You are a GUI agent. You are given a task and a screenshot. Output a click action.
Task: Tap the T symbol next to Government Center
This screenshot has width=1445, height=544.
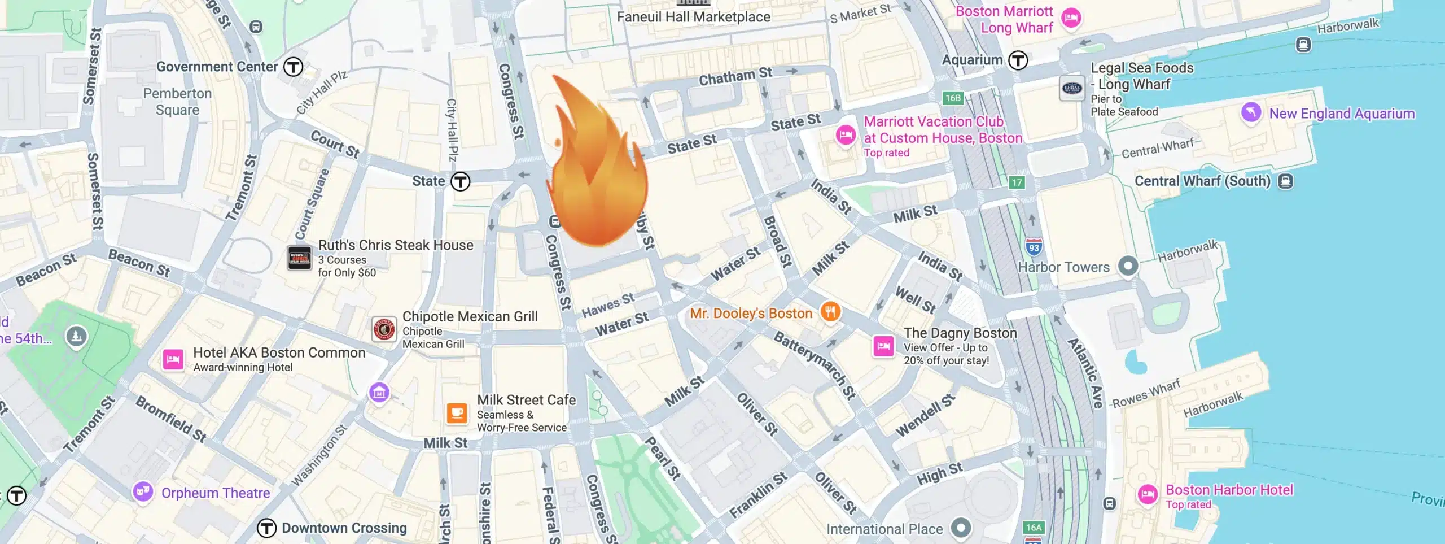(293, 67)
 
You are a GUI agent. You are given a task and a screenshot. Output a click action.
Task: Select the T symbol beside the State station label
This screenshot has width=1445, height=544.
(461, 181)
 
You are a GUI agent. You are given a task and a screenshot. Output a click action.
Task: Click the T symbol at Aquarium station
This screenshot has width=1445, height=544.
(1018, 60)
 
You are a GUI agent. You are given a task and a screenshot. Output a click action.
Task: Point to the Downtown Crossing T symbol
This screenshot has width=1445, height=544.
(266, 528)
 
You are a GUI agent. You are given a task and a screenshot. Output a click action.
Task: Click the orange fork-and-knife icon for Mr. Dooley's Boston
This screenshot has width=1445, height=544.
(830, 311)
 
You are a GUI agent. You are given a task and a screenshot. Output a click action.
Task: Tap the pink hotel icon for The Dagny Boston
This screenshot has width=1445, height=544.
(883, 346)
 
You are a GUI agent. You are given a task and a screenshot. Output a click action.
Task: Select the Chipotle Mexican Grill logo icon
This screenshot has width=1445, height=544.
(384, 329)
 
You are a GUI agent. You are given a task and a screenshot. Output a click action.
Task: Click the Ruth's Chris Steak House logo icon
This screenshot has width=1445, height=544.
(299, 258)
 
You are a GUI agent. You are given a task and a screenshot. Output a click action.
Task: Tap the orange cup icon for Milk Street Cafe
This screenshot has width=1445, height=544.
(457, 413)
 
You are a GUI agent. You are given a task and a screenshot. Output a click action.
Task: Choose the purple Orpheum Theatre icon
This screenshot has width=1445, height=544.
(143, 491)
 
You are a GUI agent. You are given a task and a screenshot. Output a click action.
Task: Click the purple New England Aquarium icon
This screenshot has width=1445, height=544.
(1251, 112)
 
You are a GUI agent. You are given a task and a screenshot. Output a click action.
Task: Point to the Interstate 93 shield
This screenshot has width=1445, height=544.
(1034, 247)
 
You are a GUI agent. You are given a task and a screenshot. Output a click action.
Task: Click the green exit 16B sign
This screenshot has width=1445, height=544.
(953, 98)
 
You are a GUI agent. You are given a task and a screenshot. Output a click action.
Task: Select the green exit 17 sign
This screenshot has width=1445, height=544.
(1017, 182)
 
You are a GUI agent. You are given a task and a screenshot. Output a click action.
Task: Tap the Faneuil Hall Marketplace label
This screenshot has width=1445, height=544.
(693, 17)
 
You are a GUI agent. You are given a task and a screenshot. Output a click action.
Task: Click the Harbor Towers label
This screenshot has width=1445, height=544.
(1063, 267)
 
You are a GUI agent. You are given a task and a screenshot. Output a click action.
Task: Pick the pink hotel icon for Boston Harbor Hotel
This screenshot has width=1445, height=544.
(1148, 495)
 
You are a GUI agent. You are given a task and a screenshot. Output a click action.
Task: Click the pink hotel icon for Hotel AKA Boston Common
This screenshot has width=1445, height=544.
(173, 359)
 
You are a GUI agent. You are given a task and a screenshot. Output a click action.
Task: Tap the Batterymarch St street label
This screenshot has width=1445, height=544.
(815, 365)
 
